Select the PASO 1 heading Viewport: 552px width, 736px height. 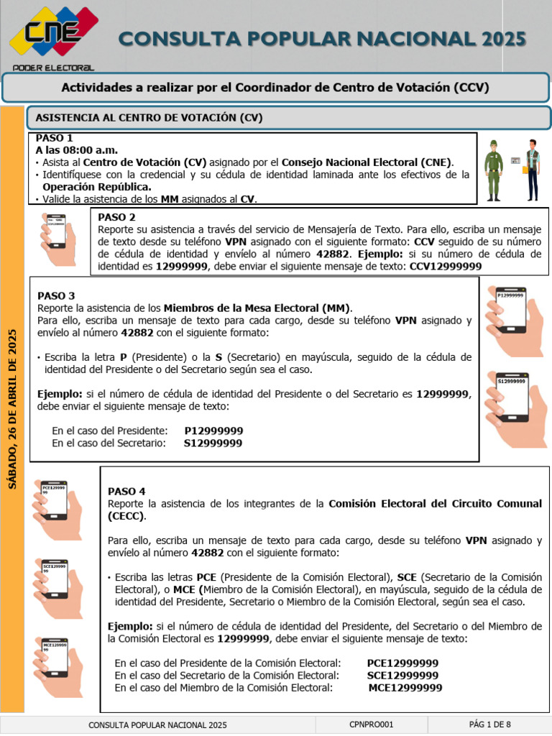click(x=54, y=138)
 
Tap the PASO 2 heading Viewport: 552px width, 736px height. click(x=116, y=217)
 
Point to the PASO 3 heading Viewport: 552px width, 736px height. click(x=56, y=295)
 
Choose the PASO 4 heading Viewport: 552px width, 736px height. click(x=126, y=491)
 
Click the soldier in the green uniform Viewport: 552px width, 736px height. click(x=493, y=170)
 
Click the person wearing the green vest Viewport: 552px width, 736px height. click(x=531, y=170)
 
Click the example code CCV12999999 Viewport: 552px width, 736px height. click(x=445, y=266)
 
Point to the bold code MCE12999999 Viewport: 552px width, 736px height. click(x=405, y=688)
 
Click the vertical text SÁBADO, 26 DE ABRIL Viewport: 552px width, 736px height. click(x=12, y=408)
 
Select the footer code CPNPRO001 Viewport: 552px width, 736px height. click(x=371, y=724)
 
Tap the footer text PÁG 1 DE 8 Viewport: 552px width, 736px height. click(x=489, y=724)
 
